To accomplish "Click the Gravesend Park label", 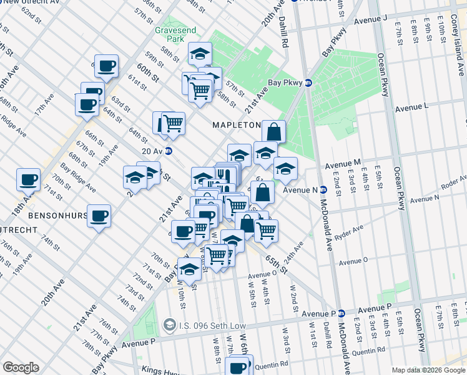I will pos(170,34).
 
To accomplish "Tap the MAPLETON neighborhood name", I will pos(236,125).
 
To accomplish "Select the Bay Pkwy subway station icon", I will pos(308,82).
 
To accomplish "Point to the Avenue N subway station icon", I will pos(323,190).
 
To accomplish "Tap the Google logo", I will pos(21,367).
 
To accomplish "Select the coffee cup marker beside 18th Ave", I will pos(29,180).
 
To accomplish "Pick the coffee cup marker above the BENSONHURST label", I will pos(99,216).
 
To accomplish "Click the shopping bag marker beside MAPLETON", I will pos(273,132).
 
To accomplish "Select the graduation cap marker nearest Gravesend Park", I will pos(200,54).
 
